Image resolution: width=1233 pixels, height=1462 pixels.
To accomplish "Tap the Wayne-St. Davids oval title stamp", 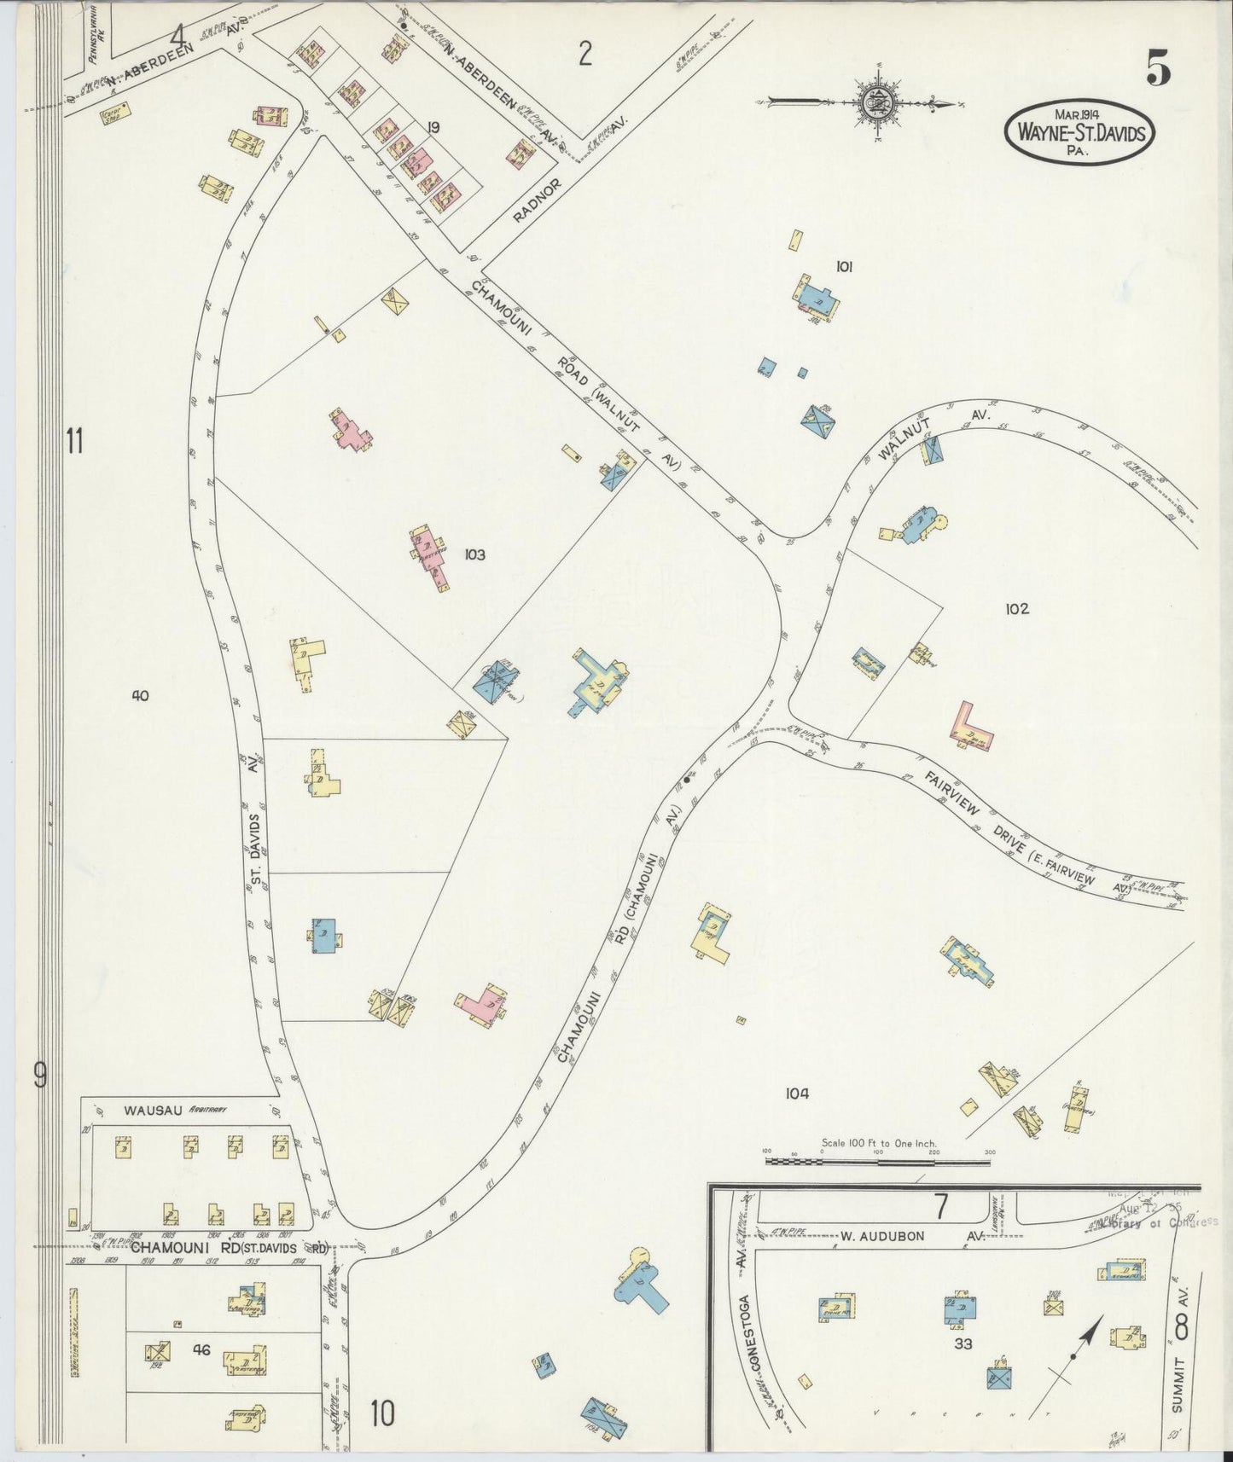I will [x=1080, y=132].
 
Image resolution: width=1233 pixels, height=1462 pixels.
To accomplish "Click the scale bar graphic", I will [x=878, y=1160].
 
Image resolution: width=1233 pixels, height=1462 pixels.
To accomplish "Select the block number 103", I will [x=474, y=555].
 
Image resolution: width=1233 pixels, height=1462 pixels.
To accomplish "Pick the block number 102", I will [x=1017, y=609].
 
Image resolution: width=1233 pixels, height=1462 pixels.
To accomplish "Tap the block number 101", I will [x=844, y=267].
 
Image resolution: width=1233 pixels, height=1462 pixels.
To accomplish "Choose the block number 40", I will [x=140, y=696].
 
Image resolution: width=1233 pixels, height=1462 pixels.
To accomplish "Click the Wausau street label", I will [x=149, y=1111].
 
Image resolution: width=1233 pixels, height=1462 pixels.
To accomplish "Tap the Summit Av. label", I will [x=1181, y=1366].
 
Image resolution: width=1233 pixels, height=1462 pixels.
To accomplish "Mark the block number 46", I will [x=201, y=1350].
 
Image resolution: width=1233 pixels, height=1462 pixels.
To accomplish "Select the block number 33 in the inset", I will [x=963, y=1345].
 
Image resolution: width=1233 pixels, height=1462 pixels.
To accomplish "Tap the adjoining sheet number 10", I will [x=382, y=1415].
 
